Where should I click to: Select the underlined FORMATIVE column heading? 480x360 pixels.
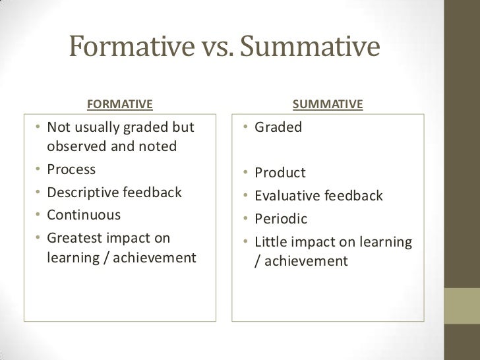coord(120,104)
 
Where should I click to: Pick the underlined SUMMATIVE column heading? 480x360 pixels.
coord(328,104)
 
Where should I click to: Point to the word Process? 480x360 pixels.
coord(71,169)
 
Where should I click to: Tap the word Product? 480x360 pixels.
coord(280,173)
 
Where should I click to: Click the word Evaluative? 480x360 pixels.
coord(287,196)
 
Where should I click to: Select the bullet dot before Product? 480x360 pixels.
coord(244,174)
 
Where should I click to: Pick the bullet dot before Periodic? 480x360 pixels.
coord(244,219)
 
